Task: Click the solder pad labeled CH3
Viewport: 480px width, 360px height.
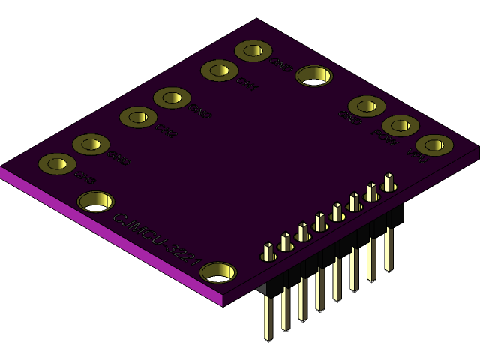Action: (x=57, y=163)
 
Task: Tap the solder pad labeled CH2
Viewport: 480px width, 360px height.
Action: (x=138, y=117)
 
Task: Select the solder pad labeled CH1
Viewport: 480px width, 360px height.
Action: (x=219, y=70)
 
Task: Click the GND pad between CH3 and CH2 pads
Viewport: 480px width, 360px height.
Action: (x=91, y=144)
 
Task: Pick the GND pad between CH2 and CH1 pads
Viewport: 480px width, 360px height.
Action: (x=172, y=97)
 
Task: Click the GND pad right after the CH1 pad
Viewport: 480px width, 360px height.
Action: (x=253, y=51)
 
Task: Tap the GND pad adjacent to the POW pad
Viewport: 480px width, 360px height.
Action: (x=367, y=106)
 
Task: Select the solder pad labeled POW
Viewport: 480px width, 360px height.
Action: (x=400, y=125)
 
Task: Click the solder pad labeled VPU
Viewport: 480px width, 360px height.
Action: (x=434, y=144)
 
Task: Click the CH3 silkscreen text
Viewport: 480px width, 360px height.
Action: (x=85, y=178)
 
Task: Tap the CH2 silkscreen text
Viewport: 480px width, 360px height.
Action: (x=166, y=132)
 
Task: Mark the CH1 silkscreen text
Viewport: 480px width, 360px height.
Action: (x=247, y=85)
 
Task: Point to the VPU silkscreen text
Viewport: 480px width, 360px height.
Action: (x=418, y=157)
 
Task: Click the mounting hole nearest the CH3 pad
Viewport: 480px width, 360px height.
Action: (x=96, y=201)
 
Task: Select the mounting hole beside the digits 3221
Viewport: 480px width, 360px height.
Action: (x=218, y=271)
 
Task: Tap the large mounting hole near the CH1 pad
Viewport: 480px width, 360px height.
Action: (x=314, y=75)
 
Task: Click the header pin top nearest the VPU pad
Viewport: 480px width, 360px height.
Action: (x=388, y=181)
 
